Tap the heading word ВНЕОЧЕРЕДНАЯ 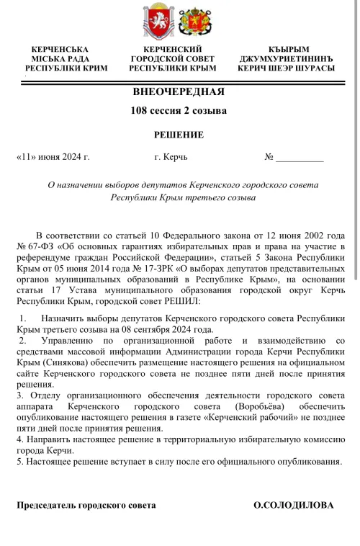click(179, 91)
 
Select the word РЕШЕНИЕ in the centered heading click(179, 134)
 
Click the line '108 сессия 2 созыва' click(179, 111)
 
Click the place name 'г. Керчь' click(171, 156)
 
